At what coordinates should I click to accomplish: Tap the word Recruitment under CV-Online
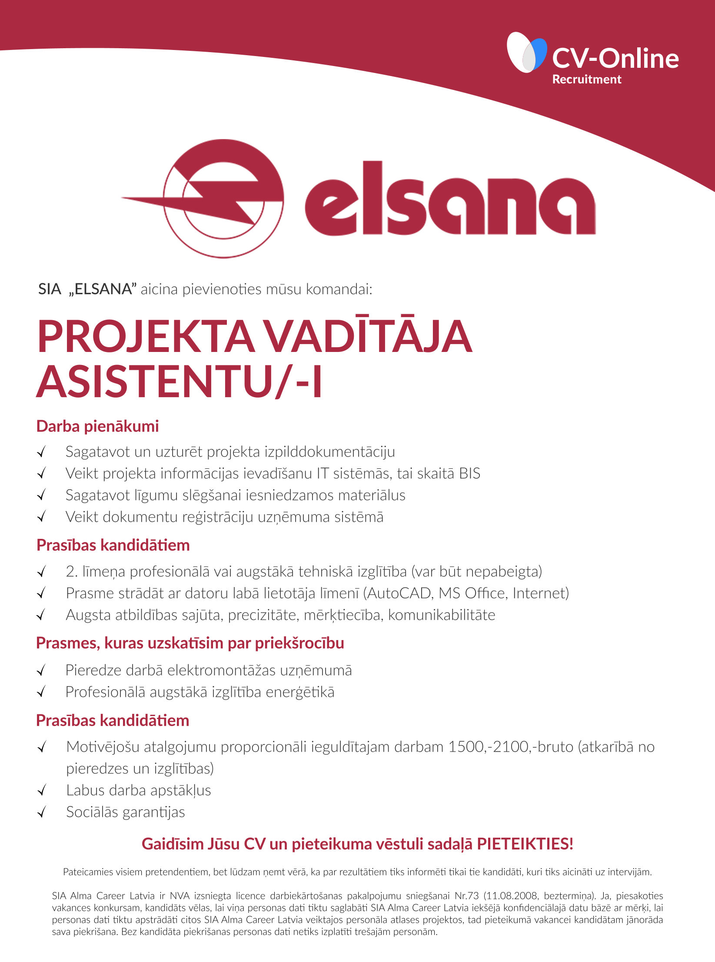586,80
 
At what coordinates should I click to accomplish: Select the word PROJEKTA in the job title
146,337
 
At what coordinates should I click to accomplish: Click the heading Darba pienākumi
97,426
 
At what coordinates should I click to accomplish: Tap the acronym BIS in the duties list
469,473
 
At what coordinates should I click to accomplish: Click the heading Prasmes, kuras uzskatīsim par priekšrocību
190,643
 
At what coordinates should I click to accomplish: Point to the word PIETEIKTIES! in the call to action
525,844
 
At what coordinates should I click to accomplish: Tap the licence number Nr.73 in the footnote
466,896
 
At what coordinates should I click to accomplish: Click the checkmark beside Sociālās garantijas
42,812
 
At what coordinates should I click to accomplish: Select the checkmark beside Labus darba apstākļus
42,790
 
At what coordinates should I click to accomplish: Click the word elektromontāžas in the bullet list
221,670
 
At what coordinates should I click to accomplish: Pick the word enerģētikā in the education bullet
300,692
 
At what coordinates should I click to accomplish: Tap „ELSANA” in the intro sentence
103,289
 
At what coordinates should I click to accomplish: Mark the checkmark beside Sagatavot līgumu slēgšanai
42,495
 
